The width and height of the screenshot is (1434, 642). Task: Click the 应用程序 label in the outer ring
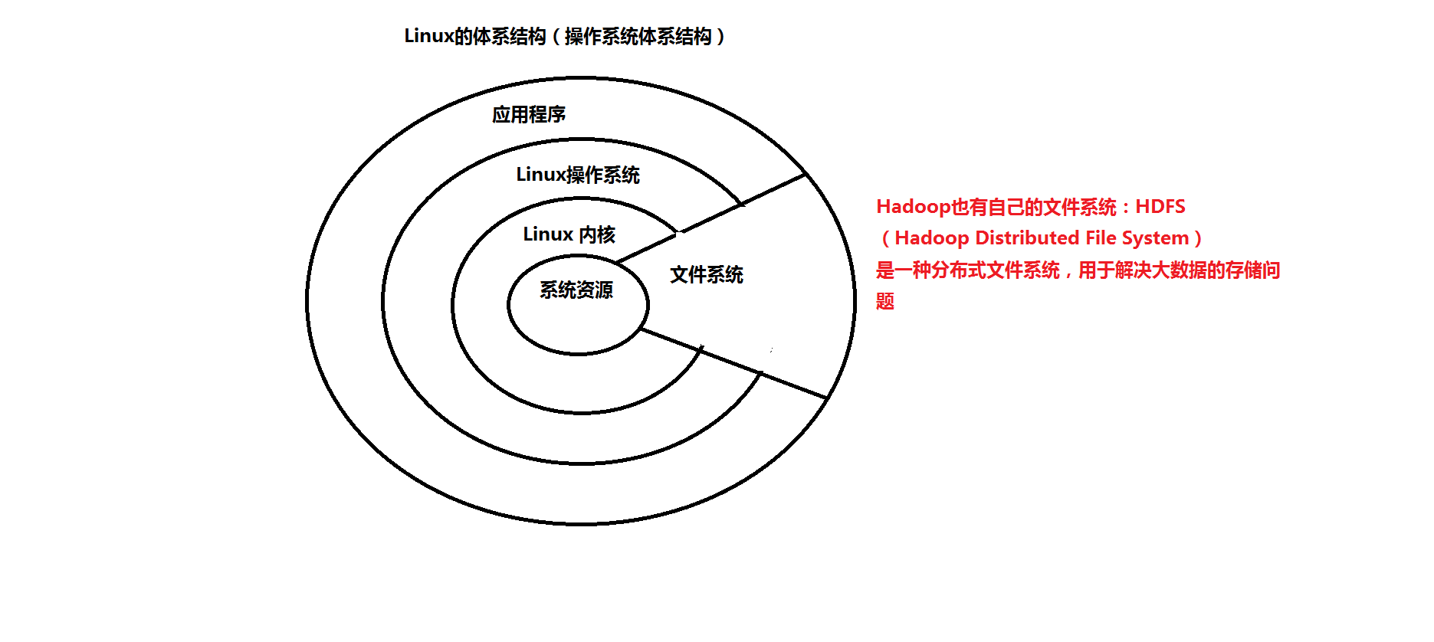click(x=529, y=115)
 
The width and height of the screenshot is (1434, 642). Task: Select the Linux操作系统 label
click(x=578, y=175)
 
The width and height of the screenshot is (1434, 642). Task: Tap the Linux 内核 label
click(x=569, y=234)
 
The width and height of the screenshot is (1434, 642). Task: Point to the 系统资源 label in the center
click(x=576, y=290)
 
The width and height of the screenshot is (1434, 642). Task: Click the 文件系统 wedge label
click(x=707, y=275)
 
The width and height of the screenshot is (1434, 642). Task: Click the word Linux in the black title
click(x=428, y=36)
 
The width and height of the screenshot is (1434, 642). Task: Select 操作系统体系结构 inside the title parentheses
click(x=638, y=37)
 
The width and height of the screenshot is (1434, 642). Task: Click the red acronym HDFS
click(x=1160, y=207)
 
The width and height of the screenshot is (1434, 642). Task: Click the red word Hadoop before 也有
click(x=913, y=207)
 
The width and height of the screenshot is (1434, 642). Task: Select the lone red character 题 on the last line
click(x=885, y=302)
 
